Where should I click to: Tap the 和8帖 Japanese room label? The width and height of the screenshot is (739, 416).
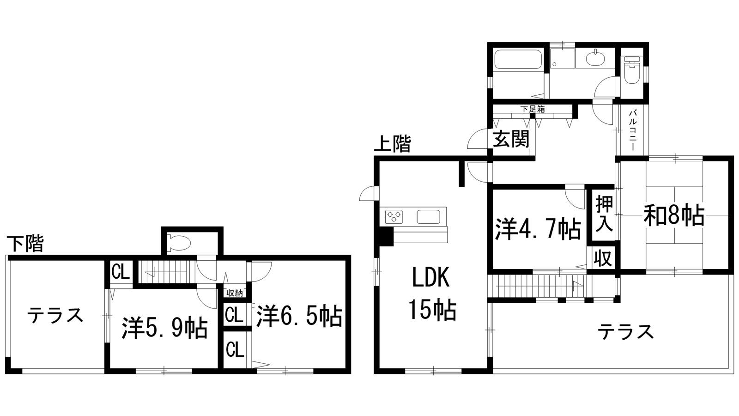pyautogui.click(x=674, y=216)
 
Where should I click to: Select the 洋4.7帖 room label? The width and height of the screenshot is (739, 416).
pyautogui.click(x=538, y=229)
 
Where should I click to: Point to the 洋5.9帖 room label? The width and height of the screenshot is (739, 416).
pyautogui.click(x=164, y=328)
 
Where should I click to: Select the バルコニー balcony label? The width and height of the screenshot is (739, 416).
pyautogui.click(x=632, y=129)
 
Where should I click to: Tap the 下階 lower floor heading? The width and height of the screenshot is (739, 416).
pyautogui.click(x=25, y=244)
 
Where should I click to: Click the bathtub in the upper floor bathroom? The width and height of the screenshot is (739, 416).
pyautogui.click(x=518, y=60)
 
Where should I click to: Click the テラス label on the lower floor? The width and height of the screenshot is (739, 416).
pyautogui.click(x=55, y=315)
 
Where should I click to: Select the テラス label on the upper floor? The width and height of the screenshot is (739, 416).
pyautogui.click(x=626, y=331)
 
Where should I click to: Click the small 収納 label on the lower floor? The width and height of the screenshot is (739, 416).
pyautogui.click(x=235, y=293)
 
